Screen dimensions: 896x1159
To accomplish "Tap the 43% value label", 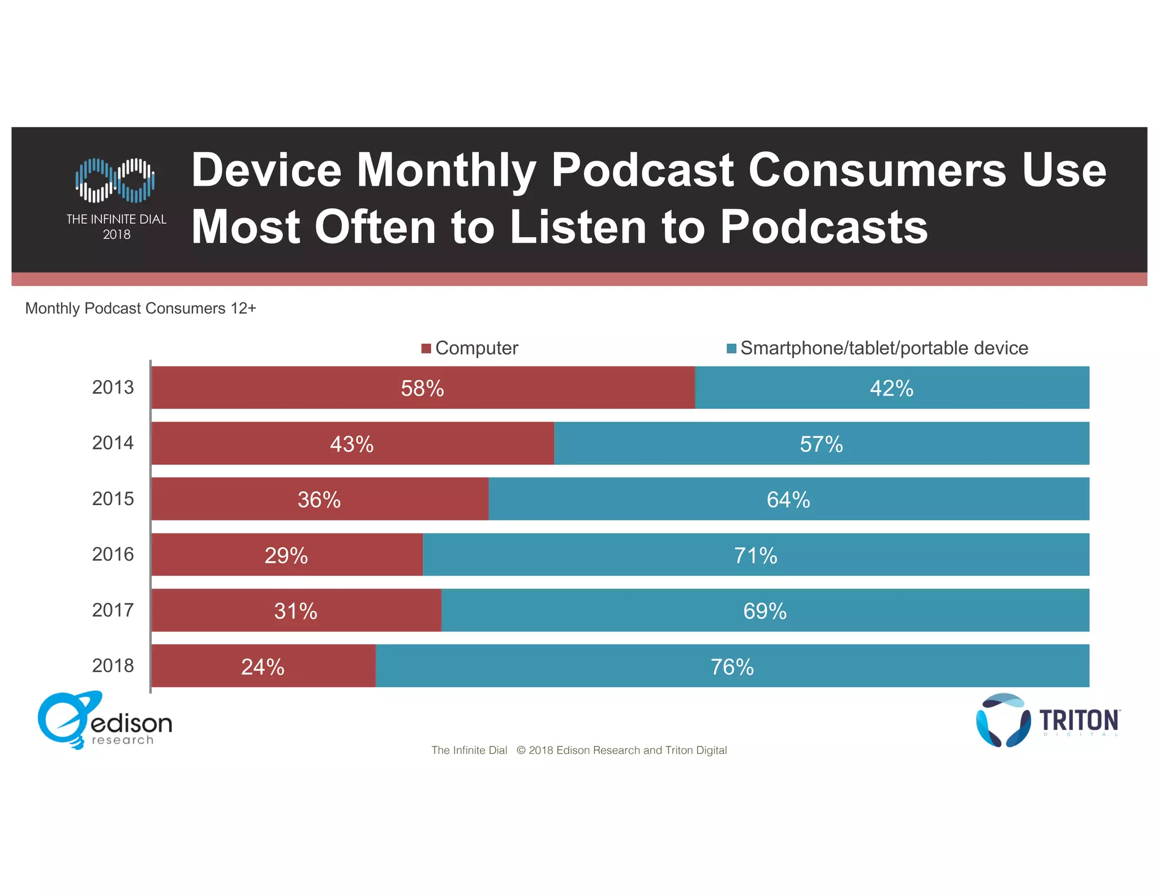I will pos(351,444).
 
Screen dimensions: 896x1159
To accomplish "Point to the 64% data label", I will pos(788,500).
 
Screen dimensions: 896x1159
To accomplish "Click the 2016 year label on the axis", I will pos(113,554).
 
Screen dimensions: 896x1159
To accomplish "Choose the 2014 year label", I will pos(113,443).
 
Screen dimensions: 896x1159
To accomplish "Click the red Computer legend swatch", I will pos(426,348).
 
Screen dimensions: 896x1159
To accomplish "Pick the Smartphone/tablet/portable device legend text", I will pos(883,348).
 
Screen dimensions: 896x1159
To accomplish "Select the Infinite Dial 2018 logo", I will pos(116,198).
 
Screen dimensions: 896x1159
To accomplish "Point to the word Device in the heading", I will pos(266,170).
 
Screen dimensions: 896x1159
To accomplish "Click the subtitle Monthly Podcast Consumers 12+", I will pos(140,309).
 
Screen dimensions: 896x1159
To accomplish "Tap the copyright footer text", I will pos(578,750).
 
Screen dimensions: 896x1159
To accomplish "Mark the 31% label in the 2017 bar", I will pos(295,611).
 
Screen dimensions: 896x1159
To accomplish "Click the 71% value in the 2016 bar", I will pos(756,556).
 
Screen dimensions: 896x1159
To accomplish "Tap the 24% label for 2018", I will pos(263,667).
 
